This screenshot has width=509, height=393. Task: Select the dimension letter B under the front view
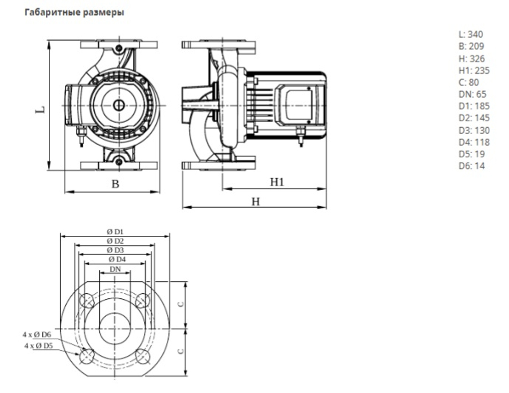(116, 184)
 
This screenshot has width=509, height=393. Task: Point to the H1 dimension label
(276, 182)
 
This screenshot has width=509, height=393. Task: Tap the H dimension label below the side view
(256, 202)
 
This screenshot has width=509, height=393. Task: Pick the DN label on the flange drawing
(116, 269)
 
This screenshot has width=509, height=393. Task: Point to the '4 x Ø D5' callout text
(39, 345)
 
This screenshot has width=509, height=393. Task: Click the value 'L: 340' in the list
(471, 35)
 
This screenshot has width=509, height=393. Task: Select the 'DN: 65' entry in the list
(472, 94)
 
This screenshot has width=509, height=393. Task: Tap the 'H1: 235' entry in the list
(474, 70)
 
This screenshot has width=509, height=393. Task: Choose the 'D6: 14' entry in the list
(472, 165)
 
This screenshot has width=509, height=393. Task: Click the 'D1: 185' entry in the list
(474, 106)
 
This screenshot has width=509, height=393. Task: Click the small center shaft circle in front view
(118, 105)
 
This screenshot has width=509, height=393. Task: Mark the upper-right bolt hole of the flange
(143, 301)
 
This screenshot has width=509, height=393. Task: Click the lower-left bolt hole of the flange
(87, 356)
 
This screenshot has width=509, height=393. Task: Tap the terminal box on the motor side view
(296, 105)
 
